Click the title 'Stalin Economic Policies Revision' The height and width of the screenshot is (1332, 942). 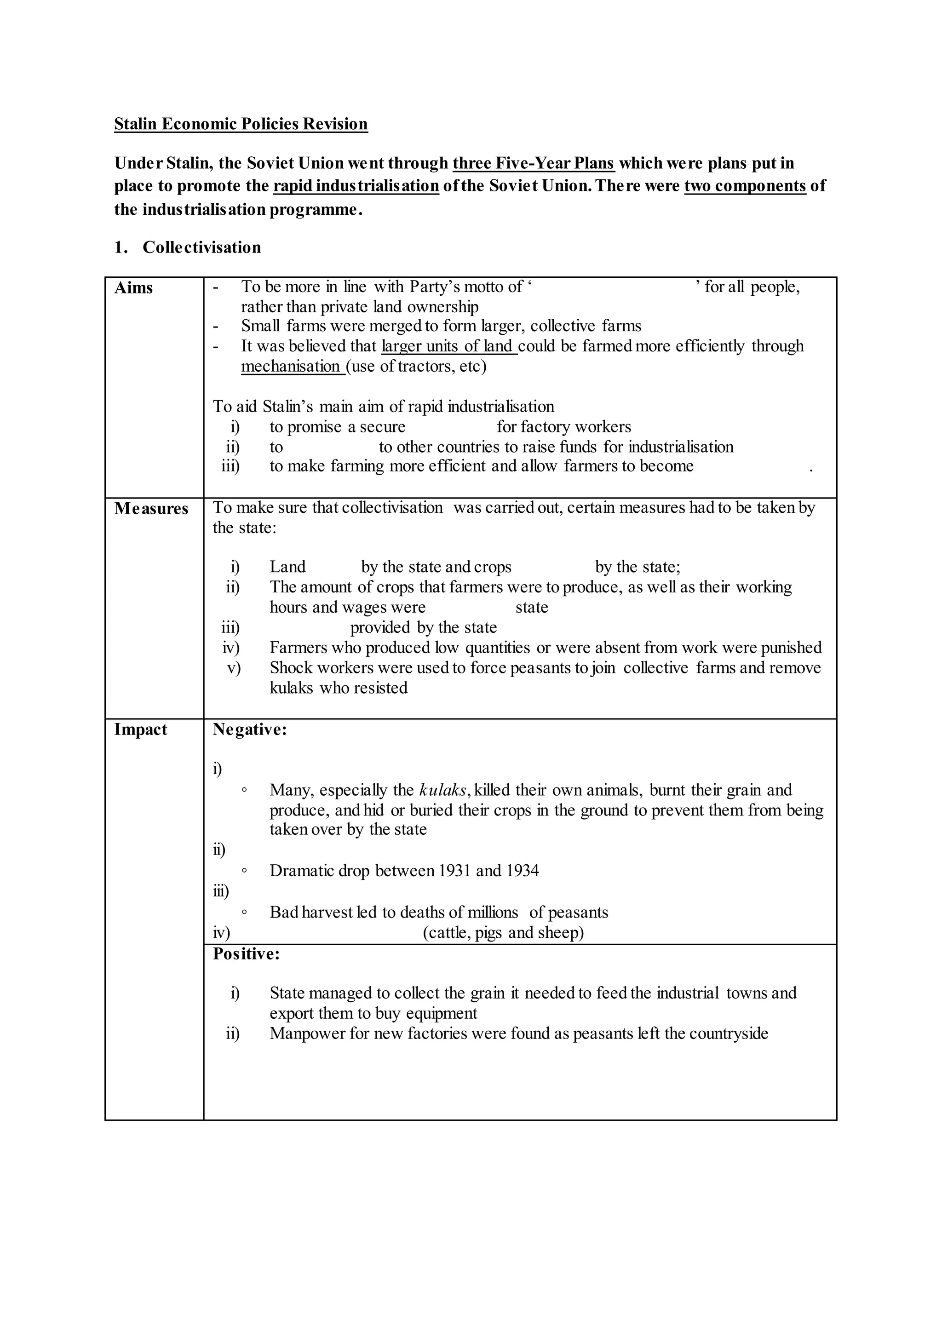pos(241,124)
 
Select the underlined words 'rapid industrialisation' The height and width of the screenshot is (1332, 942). pos(356,186)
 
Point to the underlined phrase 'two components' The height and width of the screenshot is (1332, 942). pos(745,186)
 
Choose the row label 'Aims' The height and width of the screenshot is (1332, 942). pos(133,288)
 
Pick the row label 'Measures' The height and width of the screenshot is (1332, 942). pos(151,509)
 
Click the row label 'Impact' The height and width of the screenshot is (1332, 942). pos(140,730)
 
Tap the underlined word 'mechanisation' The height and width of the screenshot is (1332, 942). pos(291,367)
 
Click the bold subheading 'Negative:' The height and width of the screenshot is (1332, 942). pos(249,730)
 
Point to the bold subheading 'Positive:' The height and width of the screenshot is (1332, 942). pos(246,954)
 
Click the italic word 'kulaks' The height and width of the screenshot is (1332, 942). pos(442,790)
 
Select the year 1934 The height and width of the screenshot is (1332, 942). pos(522,871)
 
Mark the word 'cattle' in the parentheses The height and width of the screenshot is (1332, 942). pos(447,933)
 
